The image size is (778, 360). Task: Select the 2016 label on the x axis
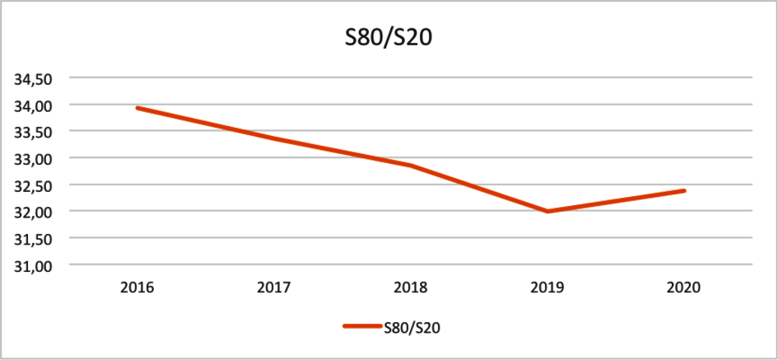tap(137, 288)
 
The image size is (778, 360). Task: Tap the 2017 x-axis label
tap(273, 288)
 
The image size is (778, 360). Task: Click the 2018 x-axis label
tap(411, 288)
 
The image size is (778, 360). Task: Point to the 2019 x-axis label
tap(547, 288)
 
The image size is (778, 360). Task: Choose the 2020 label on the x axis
tap(684, 288)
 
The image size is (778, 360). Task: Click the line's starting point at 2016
tap(137, 108)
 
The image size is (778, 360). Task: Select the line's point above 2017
tap(273, 138)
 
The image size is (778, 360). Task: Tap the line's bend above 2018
tap(411, 166)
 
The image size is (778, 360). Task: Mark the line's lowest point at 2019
tap(547, 212)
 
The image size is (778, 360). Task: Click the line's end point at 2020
tap(684, 191)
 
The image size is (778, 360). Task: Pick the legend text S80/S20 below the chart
tap(412, 327)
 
